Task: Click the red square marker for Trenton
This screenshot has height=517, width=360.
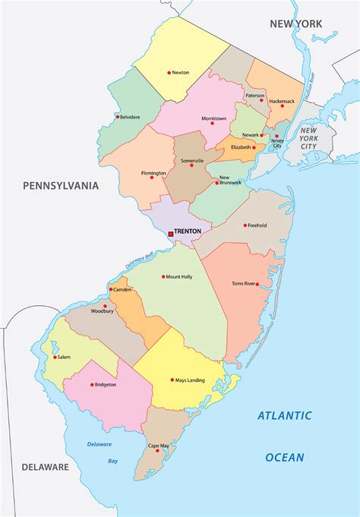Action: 171,234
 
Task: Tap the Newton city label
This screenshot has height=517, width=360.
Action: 181,73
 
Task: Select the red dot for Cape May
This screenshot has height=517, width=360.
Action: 157,451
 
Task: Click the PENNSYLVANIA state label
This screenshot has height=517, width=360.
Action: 61,184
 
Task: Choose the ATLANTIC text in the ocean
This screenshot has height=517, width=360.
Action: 284,415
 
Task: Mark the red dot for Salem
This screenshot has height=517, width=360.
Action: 55,357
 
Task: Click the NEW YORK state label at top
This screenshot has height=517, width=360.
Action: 296,24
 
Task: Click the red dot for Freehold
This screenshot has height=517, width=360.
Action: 245,225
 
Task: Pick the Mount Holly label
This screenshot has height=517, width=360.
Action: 180,276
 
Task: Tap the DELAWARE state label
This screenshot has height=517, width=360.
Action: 45,467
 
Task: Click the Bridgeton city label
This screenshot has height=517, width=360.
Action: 106,385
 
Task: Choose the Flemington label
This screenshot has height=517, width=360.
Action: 153,173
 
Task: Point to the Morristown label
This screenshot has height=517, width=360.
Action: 214,119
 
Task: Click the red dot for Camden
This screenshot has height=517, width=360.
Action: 112,289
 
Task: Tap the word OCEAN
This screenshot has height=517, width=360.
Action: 285,457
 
